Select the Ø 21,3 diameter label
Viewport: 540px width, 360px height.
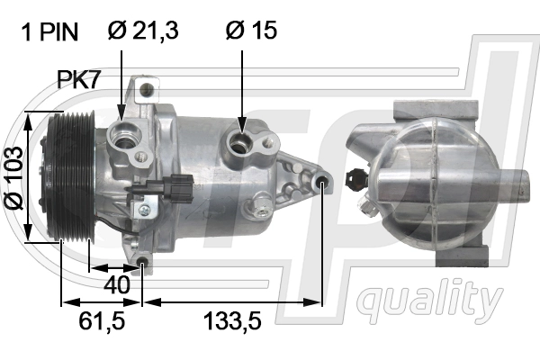coord(143,31)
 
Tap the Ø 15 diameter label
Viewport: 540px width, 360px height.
coord(251,31)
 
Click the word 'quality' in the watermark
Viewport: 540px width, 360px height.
coord(430,297)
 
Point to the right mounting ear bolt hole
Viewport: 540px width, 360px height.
coord(324,184)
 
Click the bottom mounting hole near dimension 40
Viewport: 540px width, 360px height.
coord(144,263)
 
